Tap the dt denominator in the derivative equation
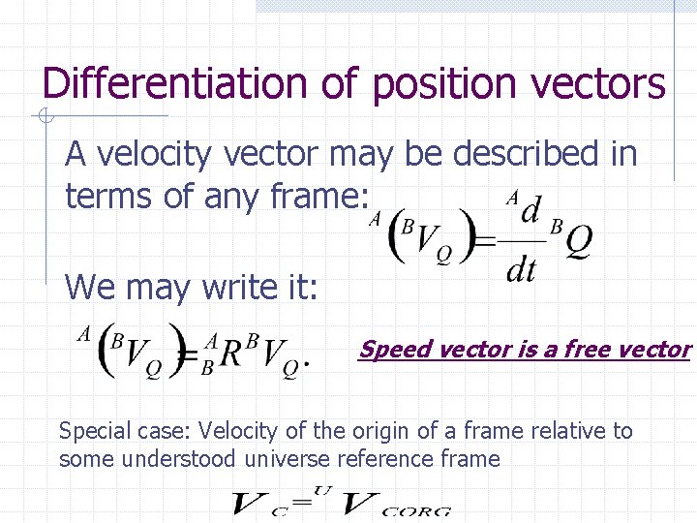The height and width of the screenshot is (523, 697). coord(521,270)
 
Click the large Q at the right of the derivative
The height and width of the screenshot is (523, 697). coord(578,244)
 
